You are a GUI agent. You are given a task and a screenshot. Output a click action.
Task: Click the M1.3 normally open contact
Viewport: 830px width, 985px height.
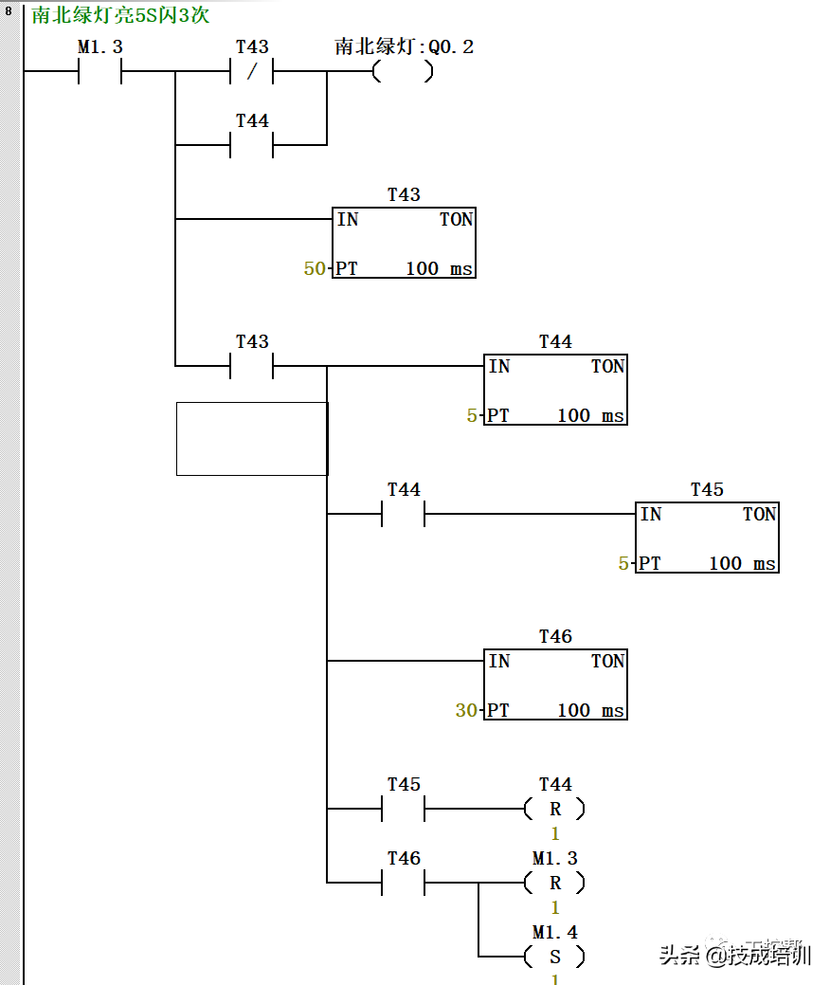click(x=99, y=72)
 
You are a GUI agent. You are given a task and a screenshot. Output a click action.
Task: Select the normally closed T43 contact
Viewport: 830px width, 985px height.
click(x=252, y=72)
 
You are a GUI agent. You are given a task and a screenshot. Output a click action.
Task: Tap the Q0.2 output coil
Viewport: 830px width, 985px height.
click(x=403, y=72)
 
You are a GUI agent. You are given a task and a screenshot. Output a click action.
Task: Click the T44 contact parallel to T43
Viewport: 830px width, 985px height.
click(x=252, y=145)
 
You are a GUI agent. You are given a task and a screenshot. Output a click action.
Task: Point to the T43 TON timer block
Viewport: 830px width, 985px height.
click(x=404, y=243)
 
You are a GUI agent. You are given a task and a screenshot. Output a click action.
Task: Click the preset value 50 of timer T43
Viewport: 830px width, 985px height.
click(x=314, y=269)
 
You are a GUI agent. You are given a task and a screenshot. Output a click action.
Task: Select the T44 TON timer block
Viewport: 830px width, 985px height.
click(x=555, y=390)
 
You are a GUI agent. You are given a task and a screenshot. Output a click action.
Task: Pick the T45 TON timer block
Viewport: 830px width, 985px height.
click(x=707, y=538)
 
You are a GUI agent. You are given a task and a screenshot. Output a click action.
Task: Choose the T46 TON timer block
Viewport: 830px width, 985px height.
click(x=555, y=684)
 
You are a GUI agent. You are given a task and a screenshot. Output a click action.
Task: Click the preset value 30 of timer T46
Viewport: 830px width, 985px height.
click(x=466, y=710)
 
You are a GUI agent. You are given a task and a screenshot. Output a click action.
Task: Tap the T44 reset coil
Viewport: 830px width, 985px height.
click(x=555, y=810)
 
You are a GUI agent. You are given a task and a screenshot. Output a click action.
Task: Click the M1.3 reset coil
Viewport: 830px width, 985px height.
click(x=555, y=883)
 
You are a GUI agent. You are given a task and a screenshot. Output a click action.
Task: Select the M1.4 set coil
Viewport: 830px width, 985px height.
click(x=555, y=957)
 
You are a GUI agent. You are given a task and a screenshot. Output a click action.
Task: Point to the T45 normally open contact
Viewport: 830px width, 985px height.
click(x=404, y=810)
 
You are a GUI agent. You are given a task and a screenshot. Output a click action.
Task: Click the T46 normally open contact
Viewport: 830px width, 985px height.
click(x=404, y=883)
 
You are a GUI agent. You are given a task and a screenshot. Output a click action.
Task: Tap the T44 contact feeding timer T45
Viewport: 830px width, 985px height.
click(x=404, y=515)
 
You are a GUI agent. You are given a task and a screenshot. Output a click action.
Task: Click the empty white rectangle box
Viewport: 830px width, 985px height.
click(x=252, y=438)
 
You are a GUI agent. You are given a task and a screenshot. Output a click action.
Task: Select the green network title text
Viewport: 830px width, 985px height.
click(x=120, y=15)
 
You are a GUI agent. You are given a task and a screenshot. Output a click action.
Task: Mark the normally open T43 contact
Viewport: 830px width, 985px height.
click(x=252, y=366)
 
